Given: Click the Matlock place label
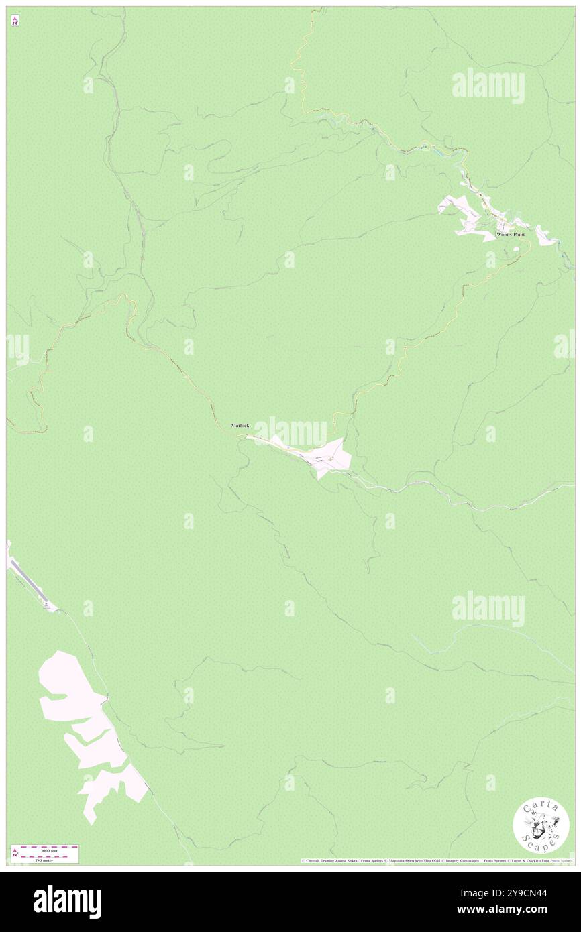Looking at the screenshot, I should (240, 426).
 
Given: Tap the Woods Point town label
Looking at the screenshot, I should (510, 235).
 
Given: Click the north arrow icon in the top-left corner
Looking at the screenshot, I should (15, 20).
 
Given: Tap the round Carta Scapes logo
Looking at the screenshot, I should (541, 825).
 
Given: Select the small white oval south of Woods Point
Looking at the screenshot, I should (516, 249).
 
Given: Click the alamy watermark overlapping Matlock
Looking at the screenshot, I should (290, 430).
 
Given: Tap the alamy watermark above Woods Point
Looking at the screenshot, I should (488, 85).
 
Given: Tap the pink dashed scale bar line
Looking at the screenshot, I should (49, 854).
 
